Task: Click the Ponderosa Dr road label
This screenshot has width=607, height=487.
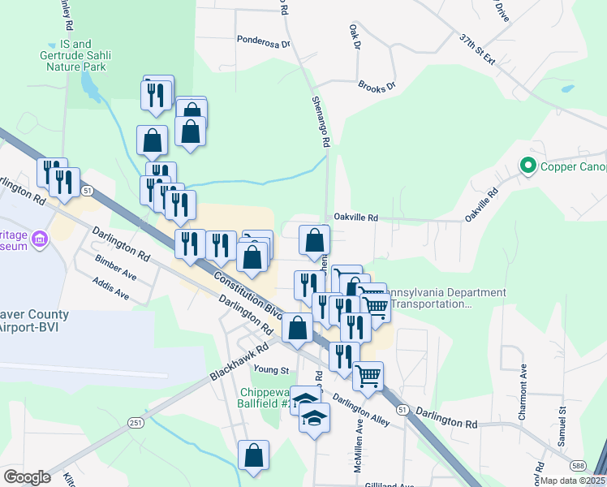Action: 263,39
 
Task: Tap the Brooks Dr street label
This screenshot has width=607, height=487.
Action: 376,85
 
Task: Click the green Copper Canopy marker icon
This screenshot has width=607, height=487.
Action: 527,167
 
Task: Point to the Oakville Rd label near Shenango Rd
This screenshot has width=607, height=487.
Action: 356,218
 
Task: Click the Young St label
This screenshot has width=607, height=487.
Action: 272,370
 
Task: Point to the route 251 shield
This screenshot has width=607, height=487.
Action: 135,422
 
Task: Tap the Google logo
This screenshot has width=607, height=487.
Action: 26,477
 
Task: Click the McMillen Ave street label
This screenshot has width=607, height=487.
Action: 360,437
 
